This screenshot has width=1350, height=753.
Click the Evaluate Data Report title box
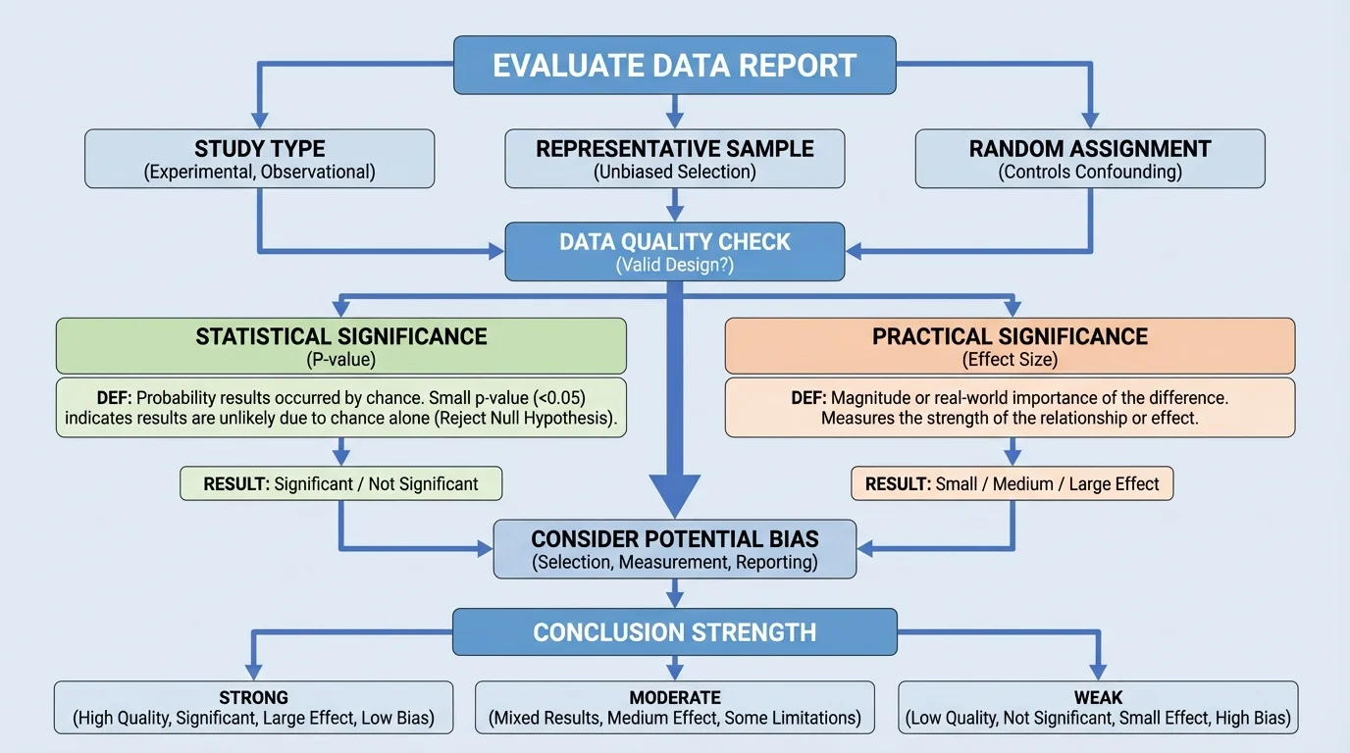click(x=674, y=66)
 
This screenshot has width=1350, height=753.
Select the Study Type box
click(x=259, y=158)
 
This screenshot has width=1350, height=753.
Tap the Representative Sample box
click(x=674, y=158)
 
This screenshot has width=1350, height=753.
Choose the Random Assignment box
click(x=1089, y=158)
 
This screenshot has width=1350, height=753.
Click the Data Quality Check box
click(x=674, y=251)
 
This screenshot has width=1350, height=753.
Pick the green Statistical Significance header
click(x=340, y=344)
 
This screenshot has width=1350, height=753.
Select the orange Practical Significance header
click(x=1010, y=344)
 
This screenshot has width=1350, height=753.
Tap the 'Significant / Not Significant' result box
click(x=340, y=483)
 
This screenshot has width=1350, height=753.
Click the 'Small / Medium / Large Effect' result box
click(x=1012, y=483)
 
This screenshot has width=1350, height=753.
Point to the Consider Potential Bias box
click(x=674, y=549)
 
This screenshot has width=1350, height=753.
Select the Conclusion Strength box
click(x=674, y=631)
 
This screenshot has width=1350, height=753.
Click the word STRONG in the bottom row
click(x=254, y=698)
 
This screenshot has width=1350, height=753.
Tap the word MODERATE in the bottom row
click(x=674, y=698)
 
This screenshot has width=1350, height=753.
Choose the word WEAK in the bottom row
click(x=1098, y=698)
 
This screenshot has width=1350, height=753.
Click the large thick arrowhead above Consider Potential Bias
click(x=674, y=495)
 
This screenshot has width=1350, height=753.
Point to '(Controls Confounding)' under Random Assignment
click(x=1089, y=172)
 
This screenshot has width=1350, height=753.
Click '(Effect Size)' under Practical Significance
click(x=1010, y=359)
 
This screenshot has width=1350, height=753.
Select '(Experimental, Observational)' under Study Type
click(x=259, y=172)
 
